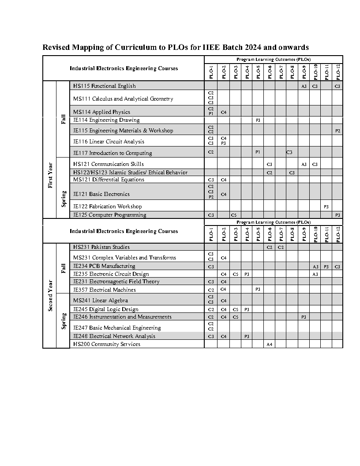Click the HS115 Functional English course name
tap(105, 86)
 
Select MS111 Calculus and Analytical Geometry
tap(123, 99)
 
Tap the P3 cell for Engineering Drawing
tap(258, 120)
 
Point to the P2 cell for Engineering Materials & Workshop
tap(337, 131)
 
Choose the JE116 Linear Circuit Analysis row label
tap(109, 142)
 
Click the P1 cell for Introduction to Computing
tap(258, 152)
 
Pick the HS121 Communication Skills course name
tap(109, 164)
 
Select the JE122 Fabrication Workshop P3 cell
tap(326, 207)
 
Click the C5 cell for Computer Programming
tap(234, 215)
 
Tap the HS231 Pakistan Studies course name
tap(101, 247)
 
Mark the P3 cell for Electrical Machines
tap(258, 290)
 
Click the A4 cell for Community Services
tap(269, 344)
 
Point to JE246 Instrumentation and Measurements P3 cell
tap(304, 317)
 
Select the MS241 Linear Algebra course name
tap(94, 301)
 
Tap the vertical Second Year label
tap(50, 296)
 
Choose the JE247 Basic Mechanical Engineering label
tap(117, 328)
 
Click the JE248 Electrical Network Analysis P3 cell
tap(247, 336)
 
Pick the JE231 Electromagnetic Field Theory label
tap(116, 282)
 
